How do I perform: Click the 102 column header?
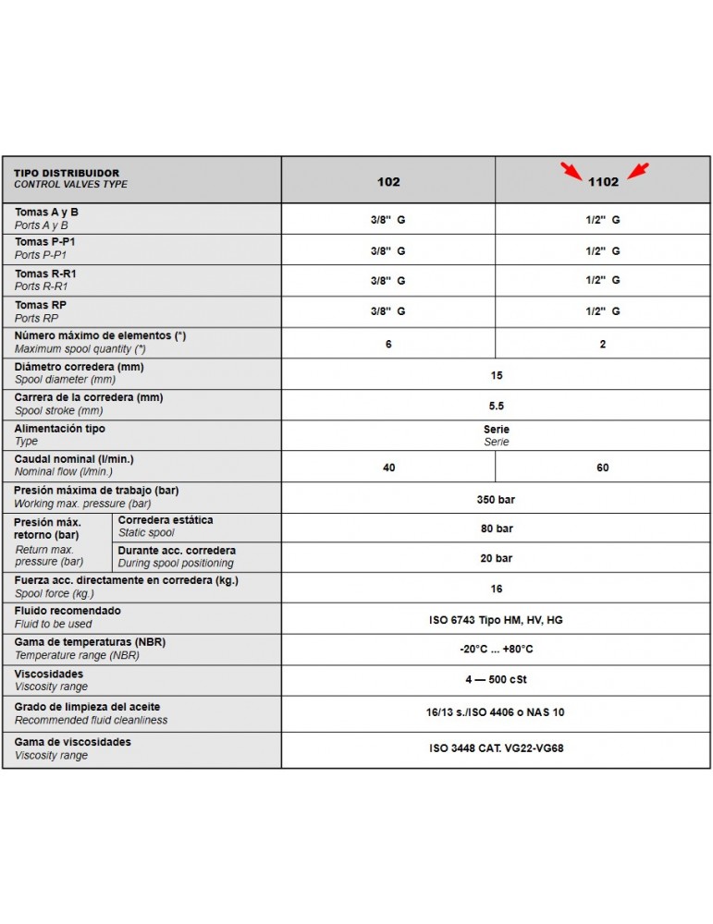pyautogui.click(x=388, y=182)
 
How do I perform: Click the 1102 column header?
pyautogui.click(x=603, y=182)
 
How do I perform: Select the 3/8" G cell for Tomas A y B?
pyautogui.click(x=388, y=220)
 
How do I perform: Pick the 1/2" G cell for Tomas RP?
pyautogui.click(x=603, y=311)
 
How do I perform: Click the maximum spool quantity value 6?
pyautogui.click(x=388, y=344)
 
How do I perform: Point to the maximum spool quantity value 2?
pyautogui.click(x=603, y=344)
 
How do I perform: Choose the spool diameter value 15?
pyautogui.click(x=497, y=375)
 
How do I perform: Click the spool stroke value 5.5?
pyautogui.click(x=497, y=406)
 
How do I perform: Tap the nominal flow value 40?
pyautogui.click(x=388, y=468)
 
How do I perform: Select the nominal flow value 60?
pyautogui.click(x=603, y=468)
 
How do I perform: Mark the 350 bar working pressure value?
pyautogui.click(x=497, y=499)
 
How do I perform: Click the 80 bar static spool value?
pyautogui.click(x=497, y=529)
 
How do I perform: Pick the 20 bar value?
pyautogui.click(x=497, y=558)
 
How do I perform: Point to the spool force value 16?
pyautogui.click(x=497, y=589)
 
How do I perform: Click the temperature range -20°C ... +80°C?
pyautogui.click(x=497, y=650)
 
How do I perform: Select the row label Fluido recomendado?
pyautogui.click(x=68, y=611)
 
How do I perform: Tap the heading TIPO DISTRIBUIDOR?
pyautogui.click(x=67, y=173)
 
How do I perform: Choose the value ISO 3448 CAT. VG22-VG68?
pyautogui.click(x=497, y=748)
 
